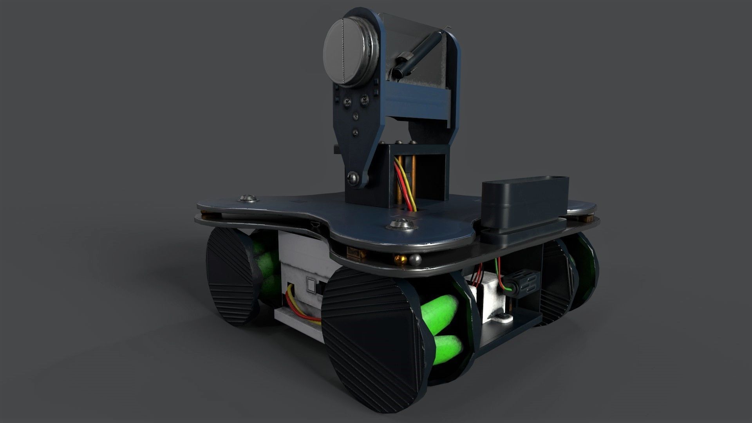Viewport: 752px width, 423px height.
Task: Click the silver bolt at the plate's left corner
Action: [x=248, y=199]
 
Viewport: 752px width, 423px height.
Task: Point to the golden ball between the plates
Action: [x=401, y=259]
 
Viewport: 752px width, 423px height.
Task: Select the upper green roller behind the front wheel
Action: [x=441, y=312]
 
